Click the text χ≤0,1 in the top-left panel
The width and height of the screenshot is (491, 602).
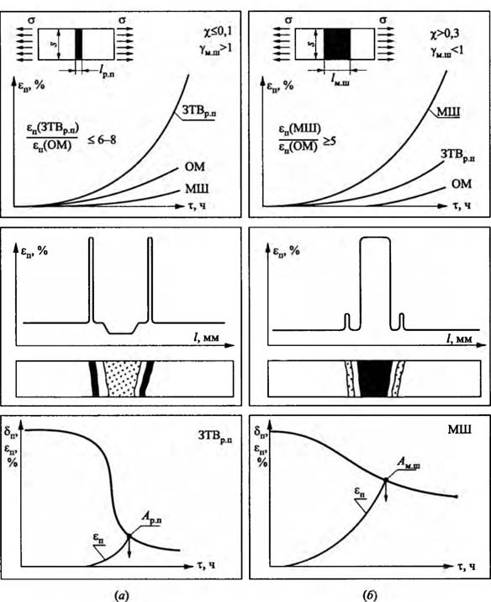[x=218, y=34]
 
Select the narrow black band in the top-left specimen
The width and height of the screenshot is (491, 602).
[x=78, y=44]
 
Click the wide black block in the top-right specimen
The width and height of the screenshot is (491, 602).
[x=337, y=44]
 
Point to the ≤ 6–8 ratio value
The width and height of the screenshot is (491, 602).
[x=102, y=140]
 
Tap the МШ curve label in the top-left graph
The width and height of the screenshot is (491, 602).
[x=197, y=189]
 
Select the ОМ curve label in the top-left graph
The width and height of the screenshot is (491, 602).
[x=195, y=167]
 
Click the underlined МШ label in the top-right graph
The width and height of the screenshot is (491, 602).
[x=448, y=112]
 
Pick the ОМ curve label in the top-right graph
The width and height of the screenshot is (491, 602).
[x=462, y=184]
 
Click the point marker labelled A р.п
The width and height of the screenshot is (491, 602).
[x=129, y=535]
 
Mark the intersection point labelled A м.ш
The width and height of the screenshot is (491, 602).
[x=386, y=480]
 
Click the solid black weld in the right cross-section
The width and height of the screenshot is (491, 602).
[x=375, y=379]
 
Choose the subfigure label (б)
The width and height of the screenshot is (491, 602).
[x=370, y=595]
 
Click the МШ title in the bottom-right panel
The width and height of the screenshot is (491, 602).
[x=460, y=429]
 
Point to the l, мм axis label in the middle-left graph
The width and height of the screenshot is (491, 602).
[x=206, y=338]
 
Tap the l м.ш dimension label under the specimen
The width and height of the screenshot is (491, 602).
[x=340, y=81]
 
